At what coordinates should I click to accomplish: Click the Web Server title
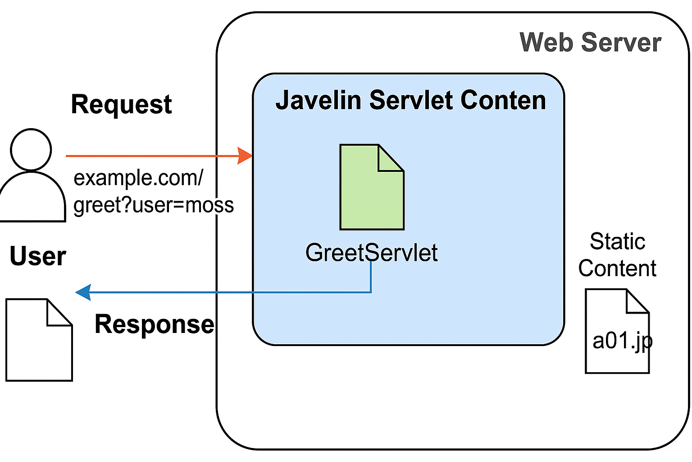point(590,43)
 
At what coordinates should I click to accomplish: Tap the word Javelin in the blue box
point(319,100)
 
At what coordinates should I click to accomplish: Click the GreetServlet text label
point(371,253)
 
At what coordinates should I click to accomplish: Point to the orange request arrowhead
point(245,156)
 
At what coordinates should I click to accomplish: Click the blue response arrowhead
point(83,292)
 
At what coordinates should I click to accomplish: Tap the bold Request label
point(121,105)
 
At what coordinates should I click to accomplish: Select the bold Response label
point(154,324)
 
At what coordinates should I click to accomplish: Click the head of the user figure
point(31,150)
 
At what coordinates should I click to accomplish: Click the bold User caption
point(38,256)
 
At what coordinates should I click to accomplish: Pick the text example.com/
point(138,178)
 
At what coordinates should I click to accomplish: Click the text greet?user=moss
point(154,205)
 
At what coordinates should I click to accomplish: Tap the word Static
point(617,241)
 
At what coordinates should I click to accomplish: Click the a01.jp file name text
point(622,341)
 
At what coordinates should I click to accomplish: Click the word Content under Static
point(617,269)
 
